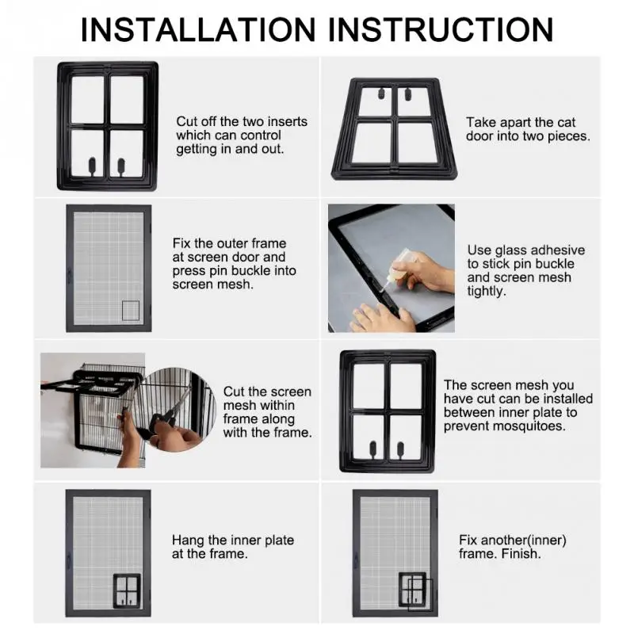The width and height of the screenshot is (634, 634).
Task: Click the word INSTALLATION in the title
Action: pyautogui.click(x=198, y=29)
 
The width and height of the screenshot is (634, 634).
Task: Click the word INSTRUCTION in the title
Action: pyautogui.click(x=441, y=29)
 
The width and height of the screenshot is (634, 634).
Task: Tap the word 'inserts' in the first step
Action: pyautogui.click(x=288, y=121)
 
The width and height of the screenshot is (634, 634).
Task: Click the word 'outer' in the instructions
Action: pyautogui.click(x=232, y=243)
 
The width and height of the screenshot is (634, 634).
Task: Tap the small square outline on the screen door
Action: pyautogui.click(x=131, y=311)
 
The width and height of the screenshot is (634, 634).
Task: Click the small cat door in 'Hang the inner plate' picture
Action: pyautogui.click(x=127, y=590)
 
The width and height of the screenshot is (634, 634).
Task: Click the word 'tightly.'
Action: pyautogui.click(x=487, y=291)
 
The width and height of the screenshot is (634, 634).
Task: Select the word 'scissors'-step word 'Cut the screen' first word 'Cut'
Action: pyautogui.click(x=232, y=391)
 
